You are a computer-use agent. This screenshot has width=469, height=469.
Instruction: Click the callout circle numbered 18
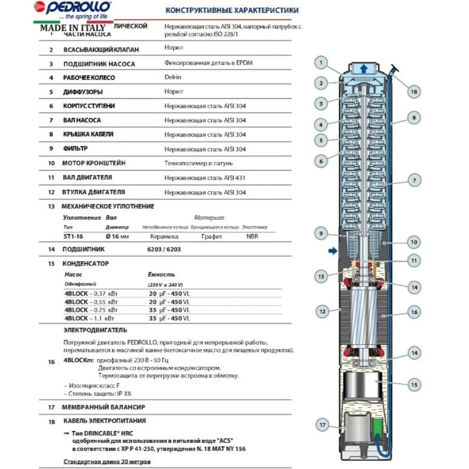(413, 92)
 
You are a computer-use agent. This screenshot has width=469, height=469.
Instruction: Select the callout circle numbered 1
(322, 64)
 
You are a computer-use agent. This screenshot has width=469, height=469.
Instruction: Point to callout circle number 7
(413, 181)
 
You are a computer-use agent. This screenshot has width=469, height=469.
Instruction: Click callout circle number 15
(413, 385)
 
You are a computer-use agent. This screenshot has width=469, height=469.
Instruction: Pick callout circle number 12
(322, 312)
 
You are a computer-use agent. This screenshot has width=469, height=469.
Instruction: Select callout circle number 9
(322, 233)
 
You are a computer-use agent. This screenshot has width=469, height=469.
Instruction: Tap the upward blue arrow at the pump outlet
(364, 68)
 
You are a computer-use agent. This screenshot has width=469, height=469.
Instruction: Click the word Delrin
(172, 78)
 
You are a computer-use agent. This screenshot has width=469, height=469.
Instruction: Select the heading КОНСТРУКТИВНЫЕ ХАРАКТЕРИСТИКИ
(232, 10)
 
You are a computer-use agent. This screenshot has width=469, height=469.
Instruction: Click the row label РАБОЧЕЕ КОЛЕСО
(89, 78)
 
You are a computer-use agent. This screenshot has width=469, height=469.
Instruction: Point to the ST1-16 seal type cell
(72, 236)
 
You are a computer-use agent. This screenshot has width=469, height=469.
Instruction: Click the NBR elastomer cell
(252, 236)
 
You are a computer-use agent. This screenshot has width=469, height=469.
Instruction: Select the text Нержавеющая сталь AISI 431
(204, 178)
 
